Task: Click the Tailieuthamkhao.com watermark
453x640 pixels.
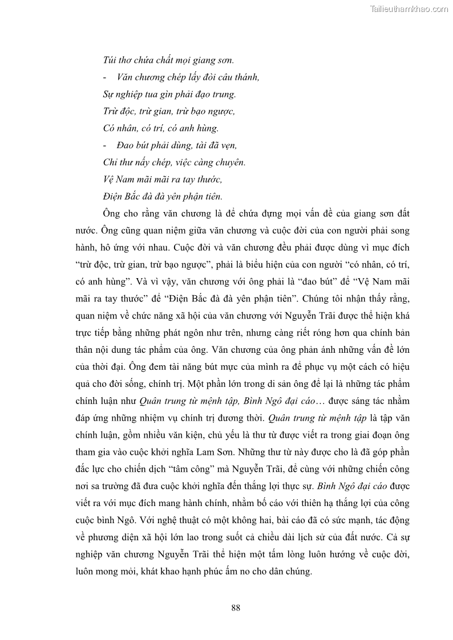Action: (409, 9)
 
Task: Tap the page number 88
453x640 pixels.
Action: (236, 608)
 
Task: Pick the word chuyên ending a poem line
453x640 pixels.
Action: (230, 162)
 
